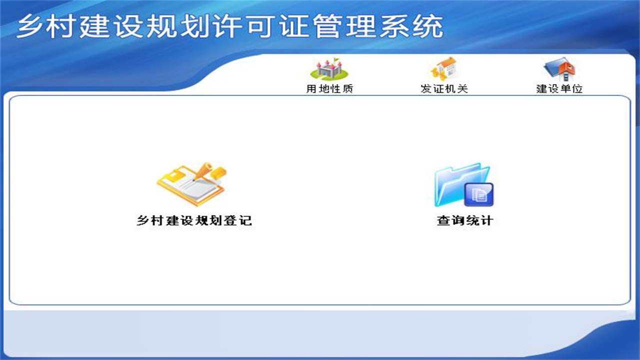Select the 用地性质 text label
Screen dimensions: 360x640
pyautogui.click(x=330, y=89)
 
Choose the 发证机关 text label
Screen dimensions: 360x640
pyautogui.click(x=444, y=89)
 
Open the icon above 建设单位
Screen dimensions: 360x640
pyautogui.click(x=559, y=69)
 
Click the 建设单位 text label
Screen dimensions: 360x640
pyautogui.click(x=559, y=89)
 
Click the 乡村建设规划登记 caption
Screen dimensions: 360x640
pyautogui.click(x=194, y=220)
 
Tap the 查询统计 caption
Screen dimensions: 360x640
pyautogui.click(x=465, y=220)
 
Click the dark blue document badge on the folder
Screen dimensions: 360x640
pyautogui.click(x=479, y=195)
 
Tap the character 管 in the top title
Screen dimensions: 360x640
pyautogui.click(x=326, y=27)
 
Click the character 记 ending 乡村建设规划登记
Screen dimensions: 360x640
pyautogui.click(x=244, y=220)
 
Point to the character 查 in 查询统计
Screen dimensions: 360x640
pyautogui.click(x=444, y=220)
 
